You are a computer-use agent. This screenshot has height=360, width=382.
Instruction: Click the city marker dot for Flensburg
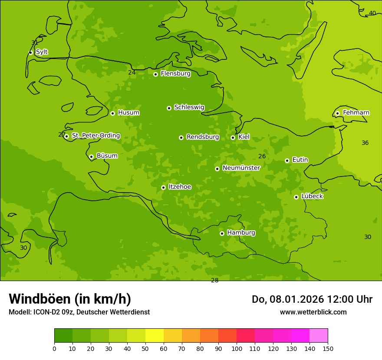(x=155, y=74)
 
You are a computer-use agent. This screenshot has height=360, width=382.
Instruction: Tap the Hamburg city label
(x=241, y=232)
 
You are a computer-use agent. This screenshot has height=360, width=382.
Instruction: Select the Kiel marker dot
(x=233, y=137)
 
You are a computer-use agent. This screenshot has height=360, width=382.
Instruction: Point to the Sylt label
(x=42, y=52)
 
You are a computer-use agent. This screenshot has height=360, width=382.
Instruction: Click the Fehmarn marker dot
(x=337, y=113)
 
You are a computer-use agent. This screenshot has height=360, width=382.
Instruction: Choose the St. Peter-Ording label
(x=95, y=136)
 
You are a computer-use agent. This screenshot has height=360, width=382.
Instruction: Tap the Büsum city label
(x=107, y=156)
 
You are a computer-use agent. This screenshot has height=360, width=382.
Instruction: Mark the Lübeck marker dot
(x=296, y=197)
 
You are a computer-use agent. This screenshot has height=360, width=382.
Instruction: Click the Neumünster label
(x=241, y=168)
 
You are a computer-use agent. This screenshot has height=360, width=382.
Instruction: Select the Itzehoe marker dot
(x=163, y=187)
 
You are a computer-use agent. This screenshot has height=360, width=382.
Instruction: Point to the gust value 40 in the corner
(x=372, y=13)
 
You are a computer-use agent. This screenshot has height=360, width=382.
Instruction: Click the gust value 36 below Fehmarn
(x=365, y=143)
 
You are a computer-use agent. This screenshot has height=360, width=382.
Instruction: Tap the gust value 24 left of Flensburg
(x=132, y=72)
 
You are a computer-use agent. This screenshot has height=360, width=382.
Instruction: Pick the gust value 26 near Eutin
(x=262, y=156)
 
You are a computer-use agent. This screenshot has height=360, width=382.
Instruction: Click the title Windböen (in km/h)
(x=70, y=299)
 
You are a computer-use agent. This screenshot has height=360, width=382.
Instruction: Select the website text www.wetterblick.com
(x=313, y=312)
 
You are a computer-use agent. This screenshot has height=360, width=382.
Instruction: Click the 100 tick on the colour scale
(x=237, y=348)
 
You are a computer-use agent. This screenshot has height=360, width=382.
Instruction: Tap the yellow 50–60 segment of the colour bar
(x=155, y=336)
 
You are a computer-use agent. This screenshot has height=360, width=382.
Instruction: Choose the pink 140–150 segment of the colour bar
(x=319, y=336)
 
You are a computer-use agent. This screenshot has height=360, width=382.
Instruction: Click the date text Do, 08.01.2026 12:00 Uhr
(x=312, y=299)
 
